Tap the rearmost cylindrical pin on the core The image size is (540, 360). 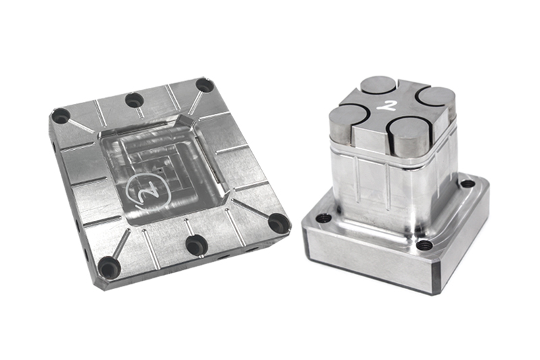coord(378,86)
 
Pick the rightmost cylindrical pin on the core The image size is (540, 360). coord(436,103)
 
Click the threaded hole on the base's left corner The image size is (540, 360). coord(324,218)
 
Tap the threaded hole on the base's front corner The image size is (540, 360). coord(424,245)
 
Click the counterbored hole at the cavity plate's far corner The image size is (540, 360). coord(205,85)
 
